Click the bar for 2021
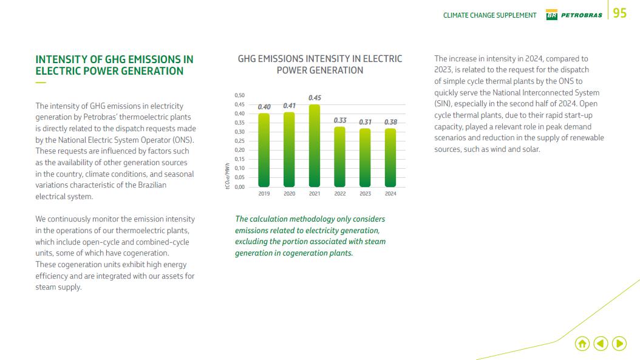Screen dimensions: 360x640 click(315, 146)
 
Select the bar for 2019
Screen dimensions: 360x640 click(264, 150)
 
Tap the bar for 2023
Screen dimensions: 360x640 click(365, 157)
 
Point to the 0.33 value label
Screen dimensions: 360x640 click(340, 120)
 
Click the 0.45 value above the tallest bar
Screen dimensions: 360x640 click(315, 98)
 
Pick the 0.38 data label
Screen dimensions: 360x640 click(390, 122)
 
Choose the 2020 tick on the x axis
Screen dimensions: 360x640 click(290, 194)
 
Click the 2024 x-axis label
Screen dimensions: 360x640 click(390, 194)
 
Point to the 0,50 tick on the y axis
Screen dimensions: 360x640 click(239, 95)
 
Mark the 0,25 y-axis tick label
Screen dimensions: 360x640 click(239, 141)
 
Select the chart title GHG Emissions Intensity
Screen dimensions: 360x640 click(320, 64)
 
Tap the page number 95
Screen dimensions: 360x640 click(620, 13)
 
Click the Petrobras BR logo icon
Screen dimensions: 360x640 click(552, 15)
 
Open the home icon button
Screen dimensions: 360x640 click(582, 344)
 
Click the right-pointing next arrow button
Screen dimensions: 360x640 click(619, 344)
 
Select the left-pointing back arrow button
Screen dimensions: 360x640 click(601, 344)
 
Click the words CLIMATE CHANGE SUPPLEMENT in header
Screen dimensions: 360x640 click(489, 15)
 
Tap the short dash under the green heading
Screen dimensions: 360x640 click(40, 83)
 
